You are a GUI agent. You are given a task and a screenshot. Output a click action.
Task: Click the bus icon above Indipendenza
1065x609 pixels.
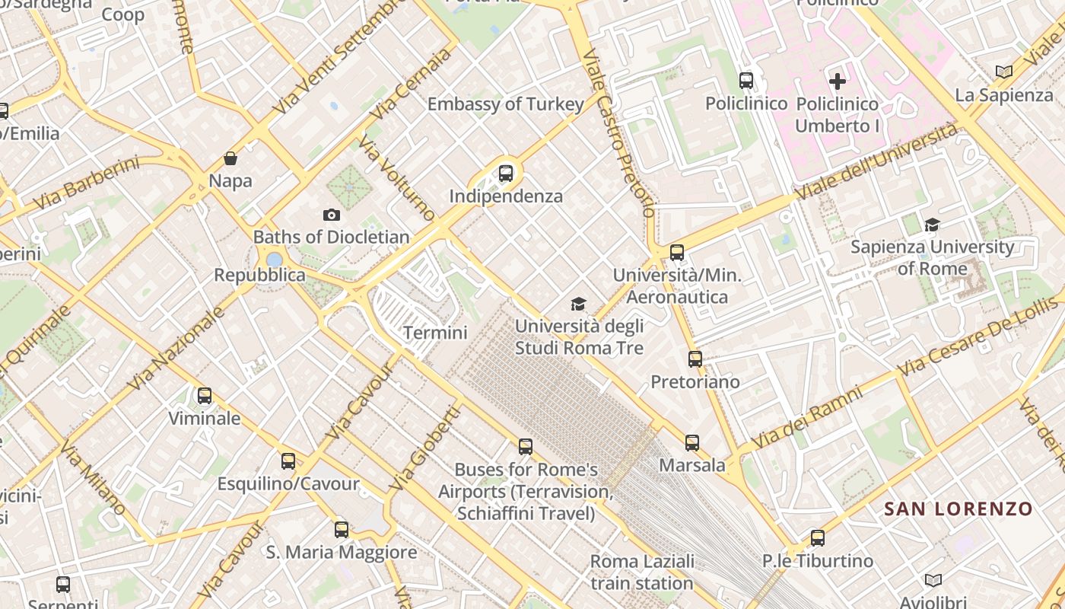(506, 174)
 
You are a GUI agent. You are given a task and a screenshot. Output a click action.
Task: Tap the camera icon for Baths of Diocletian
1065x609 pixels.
(332, 215)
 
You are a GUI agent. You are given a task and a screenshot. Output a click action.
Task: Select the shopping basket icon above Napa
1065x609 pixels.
(230, 159)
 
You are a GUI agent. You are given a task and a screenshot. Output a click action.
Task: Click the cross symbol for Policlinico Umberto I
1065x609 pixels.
(838, 81)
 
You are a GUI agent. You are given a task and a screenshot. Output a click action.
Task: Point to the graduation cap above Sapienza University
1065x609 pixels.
(932, 225)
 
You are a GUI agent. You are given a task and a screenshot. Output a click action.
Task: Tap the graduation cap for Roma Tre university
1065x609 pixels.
(579, 304)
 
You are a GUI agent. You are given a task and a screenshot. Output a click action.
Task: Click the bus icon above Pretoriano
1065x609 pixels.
(695, 359)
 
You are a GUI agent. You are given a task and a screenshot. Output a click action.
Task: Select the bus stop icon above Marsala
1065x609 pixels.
(691, 442)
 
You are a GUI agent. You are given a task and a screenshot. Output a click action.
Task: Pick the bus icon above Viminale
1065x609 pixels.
(204, 396)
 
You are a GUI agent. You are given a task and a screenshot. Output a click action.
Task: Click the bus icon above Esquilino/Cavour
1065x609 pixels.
(288, 461)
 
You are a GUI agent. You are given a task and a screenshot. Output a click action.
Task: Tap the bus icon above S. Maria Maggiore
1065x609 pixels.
(342, 529)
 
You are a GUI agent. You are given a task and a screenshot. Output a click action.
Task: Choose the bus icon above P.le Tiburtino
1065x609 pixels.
(818, 538)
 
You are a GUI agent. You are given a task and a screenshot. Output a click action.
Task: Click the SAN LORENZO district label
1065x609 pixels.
(958, 509)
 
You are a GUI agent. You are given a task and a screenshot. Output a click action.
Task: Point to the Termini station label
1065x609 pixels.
(435, 333)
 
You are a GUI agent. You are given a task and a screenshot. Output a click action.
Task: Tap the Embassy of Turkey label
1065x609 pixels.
(506, 104)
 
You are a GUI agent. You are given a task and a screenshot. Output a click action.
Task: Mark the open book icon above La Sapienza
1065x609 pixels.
(1004, 72)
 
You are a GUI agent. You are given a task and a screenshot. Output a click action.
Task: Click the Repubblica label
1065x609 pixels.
(259, 275)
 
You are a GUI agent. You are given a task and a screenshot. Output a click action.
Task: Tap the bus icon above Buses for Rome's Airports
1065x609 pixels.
(526, 447)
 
